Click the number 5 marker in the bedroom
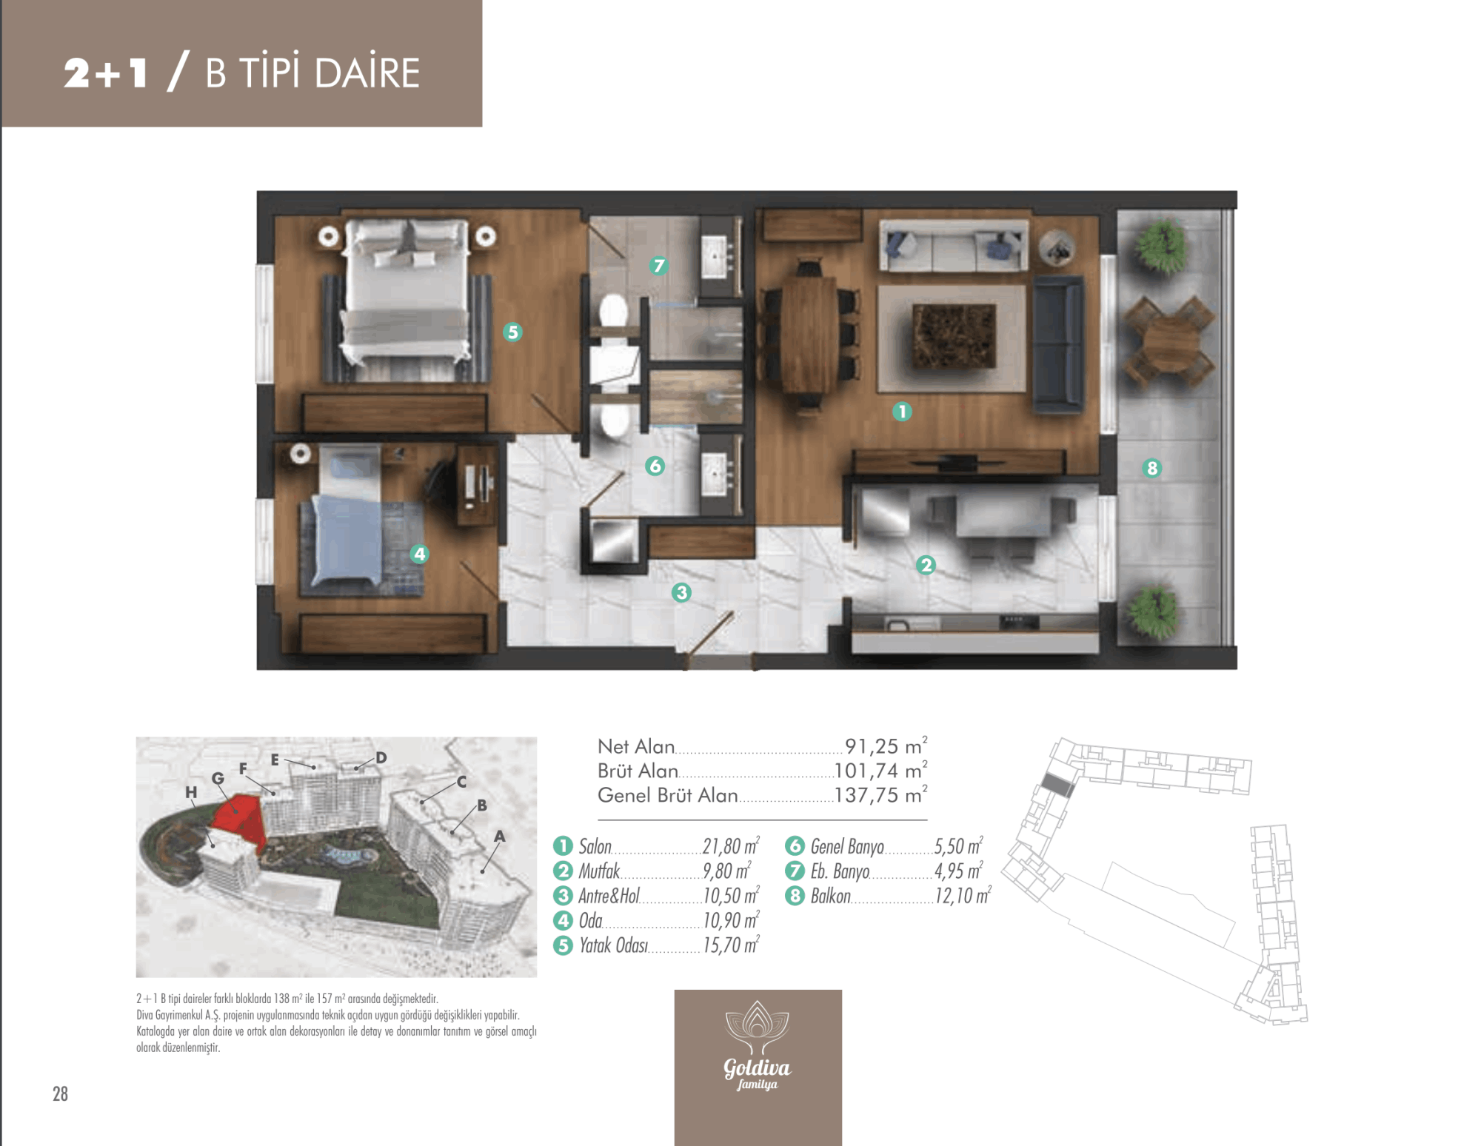click(x=512, y=332)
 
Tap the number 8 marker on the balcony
click(x=1151, y=468)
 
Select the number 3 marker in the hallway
click(x=681, y=592)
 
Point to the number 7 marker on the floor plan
click(x=658, y=265)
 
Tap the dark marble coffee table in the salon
click(x=954, y=337)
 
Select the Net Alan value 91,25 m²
click(x=886, y=745)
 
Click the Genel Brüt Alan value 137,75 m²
click(x=881, y=795)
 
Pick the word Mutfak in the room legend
click(x=599, y=871)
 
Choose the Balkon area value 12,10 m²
click(x=963, y=896)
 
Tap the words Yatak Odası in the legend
click(x=613, y=945)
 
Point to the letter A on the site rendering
click(x=500, y=836)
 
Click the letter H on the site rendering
click(x=191, y=792)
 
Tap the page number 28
click(x=60, y=1093)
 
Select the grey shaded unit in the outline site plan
click(x=1057, y=785)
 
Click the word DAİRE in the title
click(x=367, y=72)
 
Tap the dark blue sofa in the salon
click(x=1058, y=344)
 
